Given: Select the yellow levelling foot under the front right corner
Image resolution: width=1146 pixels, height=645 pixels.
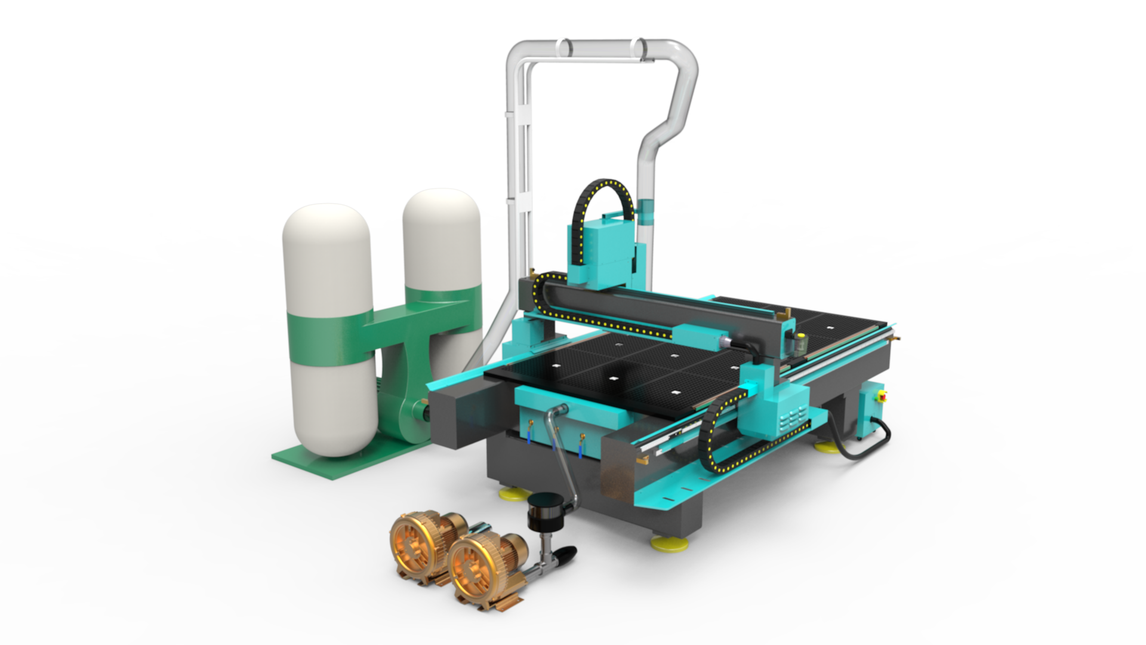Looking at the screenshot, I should click(x=668, y=544).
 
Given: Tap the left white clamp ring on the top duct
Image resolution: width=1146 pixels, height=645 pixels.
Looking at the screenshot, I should click(x=563, y=47).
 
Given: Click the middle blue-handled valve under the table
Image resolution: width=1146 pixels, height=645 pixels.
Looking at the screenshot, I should click(x=554, y=441).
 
